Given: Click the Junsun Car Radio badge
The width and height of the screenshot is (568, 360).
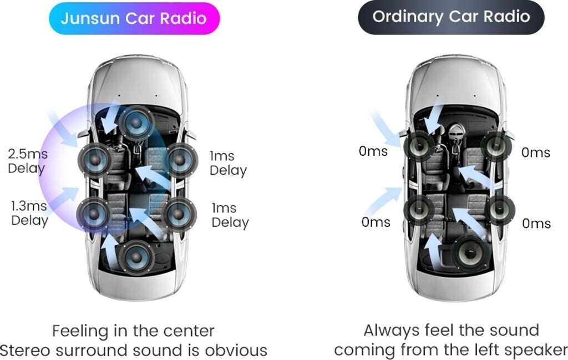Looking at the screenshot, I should point(134,18).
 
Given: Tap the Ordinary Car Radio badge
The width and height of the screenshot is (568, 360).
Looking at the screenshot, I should point(450,17).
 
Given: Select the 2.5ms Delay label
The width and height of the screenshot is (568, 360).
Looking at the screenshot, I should point(27,160).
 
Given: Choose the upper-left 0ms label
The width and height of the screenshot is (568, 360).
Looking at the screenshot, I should point(373,151).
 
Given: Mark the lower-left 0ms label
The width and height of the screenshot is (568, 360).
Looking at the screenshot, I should point(376,222).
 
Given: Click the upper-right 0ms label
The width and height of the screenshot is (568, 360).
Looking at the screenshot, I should point(536,152).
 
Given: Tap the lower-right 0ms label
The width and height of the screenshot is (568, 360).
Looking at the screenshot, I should point(536,223).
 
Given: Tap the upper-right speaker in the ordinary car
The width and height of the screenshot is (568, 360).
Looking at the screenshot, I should point(495,146).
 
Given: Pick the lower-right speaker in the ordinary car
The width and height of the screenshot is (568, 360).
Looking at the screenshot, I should point(500,210).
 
